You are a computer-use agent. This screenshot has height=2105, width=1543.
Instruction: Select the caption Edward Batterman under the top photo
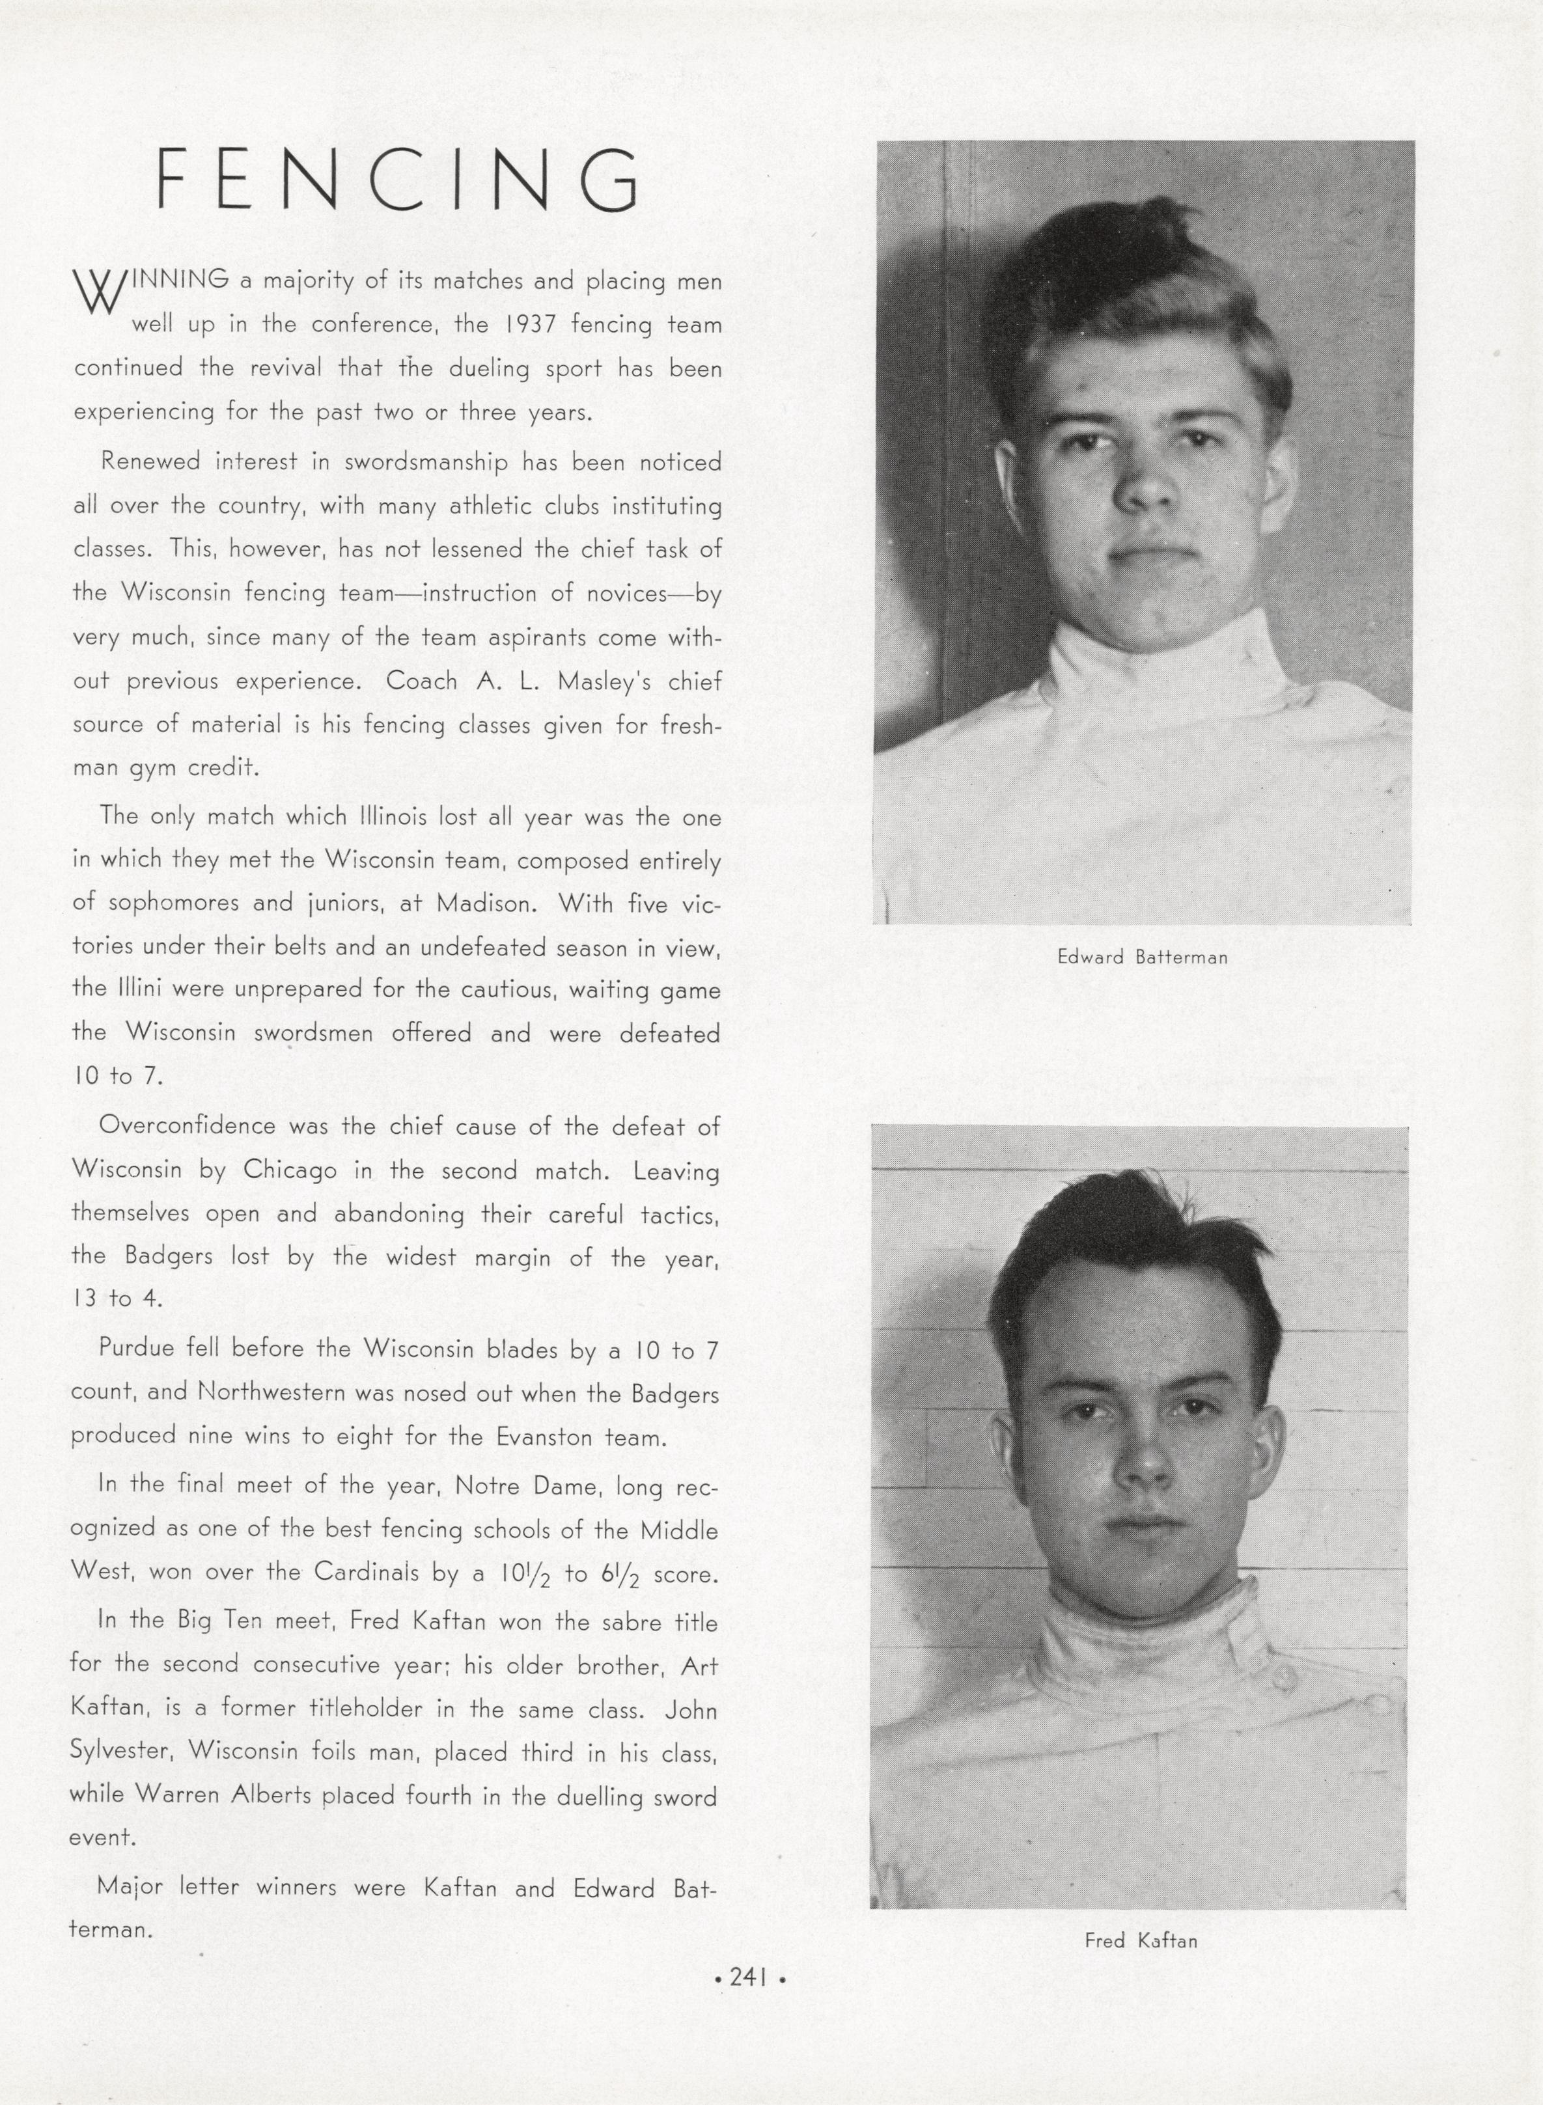1141,957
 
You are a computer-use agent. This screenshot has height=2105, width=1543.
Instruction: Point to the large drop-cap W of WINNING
99,292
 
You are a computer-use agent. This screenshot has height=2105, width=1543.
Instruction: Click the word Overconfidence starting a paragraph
187,1125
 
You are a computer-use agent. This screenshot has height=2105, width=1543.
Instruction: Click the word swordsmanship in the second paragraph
426,462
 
